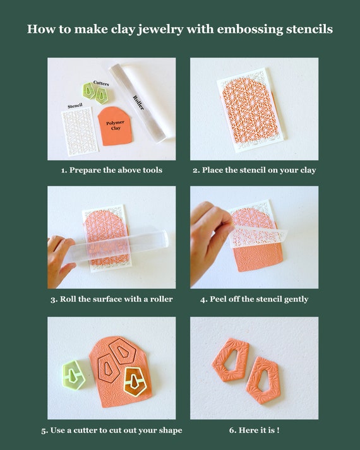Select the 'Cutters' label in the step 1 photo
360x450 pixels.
(101, 83)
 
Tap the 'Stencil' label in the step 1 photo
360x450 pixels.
(75, 105)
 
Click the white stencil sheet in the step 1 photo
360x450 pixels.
(80, 133)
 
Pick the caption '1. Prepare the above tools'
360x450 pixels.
(111, 170)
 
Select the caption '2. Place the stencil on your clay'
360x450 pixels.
(254, 170)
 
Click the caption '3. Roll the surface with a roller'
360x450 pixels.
(111, 299)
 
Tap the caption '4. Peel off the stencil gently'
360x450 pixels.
(254, 299)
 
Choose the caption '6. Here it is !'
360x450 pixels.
(254, 430)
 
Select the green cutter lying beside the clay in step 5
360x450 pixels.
(74, 374)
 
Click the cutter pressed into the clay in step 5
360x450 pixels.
(135, 381)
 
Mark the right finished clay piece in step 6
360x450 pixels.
(263, 379)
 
